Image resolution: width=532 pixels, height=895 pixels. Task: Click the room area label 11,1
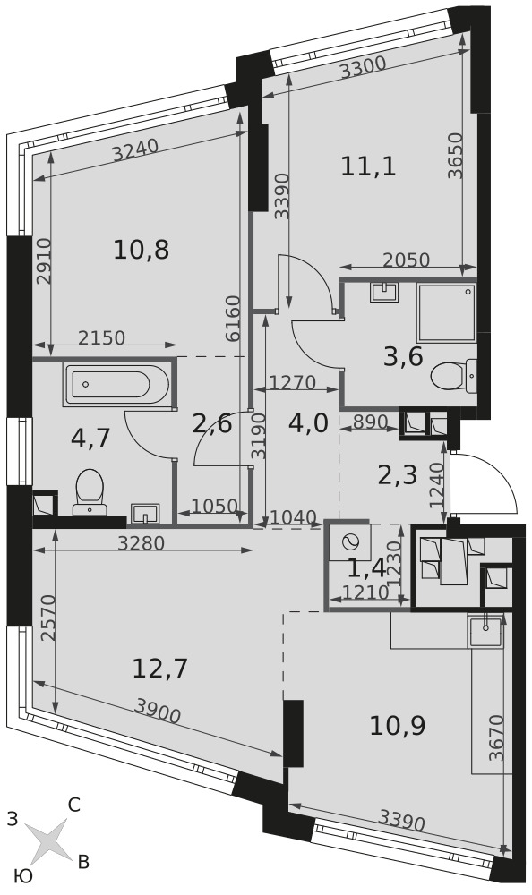tap(369, 167)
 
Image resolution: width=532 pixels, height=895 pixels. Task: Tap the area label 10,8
tap(142, 250)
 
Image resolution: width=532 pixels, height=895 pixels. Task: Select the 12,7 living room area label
tap(160, 669)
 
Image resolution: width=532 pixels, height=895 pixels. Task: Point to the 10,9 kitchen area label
tap(398, 726)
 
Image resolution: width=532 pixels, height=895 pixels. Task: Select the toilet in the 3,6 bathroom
tap(453, 377)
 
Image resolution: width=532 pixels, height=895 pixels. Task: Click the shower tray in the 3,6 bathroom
tap(447, 312)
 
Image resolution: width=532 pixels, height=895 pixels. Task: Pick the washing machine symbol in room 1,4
tap(348, 541)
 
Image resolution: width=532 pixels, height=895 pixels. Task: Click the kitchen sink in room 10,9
tap(485, 630)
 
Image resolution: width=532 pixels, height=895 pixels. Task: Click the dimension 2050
tap(407, 260)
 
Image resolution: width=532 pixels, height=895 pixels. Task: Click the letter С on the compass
tap(73, 805)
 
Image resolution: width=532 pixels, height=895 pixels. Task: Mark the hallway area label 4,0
tap(308, 423)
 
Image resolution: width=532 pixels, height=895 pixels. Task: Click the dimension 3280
tap(142, 543)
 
